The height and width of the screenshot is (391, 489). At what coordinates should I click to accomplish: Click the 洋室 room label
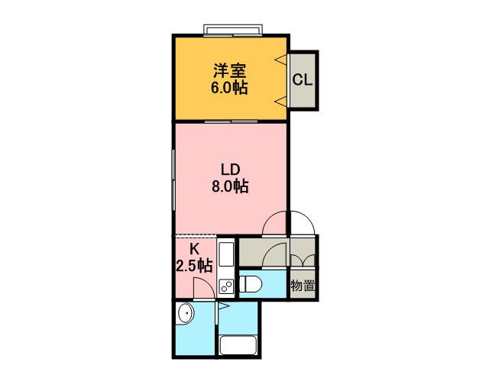click(x=230, y=71)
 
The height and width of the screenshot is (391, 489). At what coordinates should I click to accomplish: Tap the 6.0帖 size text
click(x=229, y=88)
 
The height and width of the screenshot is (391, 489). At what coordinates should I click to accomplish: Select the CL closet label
click(x=303, y=80)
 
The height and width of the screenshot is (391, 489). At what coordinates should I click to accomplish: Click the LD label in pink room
click(x=230, y=170)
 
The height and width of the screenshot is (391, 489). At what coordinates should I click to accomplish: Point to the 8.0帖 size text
click(x=230, y=186)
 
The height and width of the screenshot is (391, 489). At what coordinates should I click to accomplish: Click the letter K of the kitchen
click(x=194, y=249)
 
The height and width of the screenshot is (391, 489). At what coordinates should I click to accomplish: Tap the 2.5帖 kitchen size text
click(x=194, y=266)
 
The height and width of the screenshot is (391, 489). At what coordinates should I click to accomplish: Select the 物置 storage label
click(x=303, y=285)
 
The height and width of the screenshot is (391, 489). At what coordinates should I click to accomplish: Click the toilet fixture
click(x=251, y=285)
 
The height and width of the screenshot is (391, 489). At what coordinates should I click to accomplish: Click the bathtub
click(x=238, y=345)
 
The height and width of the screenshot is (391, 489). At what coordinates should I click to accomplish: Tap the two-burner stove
click(x=226, y=286)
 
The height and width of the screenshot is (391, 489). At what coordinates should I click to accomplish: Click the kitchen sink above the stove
click(x=226, y=254)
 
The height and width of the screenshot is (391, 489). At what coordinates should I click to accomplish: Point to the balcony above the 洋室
click(x=232, y=29)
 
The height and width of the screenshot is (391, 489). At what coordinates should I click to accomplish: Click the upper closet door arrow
click(x=280, y=60)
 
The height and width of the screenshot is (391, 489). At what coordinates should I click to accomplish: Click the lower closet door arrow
click(x=280, y=102)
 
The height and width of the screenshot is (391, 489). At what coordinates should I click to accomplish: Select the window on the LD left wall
click(x=173, y=179)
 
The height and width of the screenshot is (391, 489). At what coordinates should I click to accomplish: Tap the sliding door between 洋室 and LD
click(x=231, y=121)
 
